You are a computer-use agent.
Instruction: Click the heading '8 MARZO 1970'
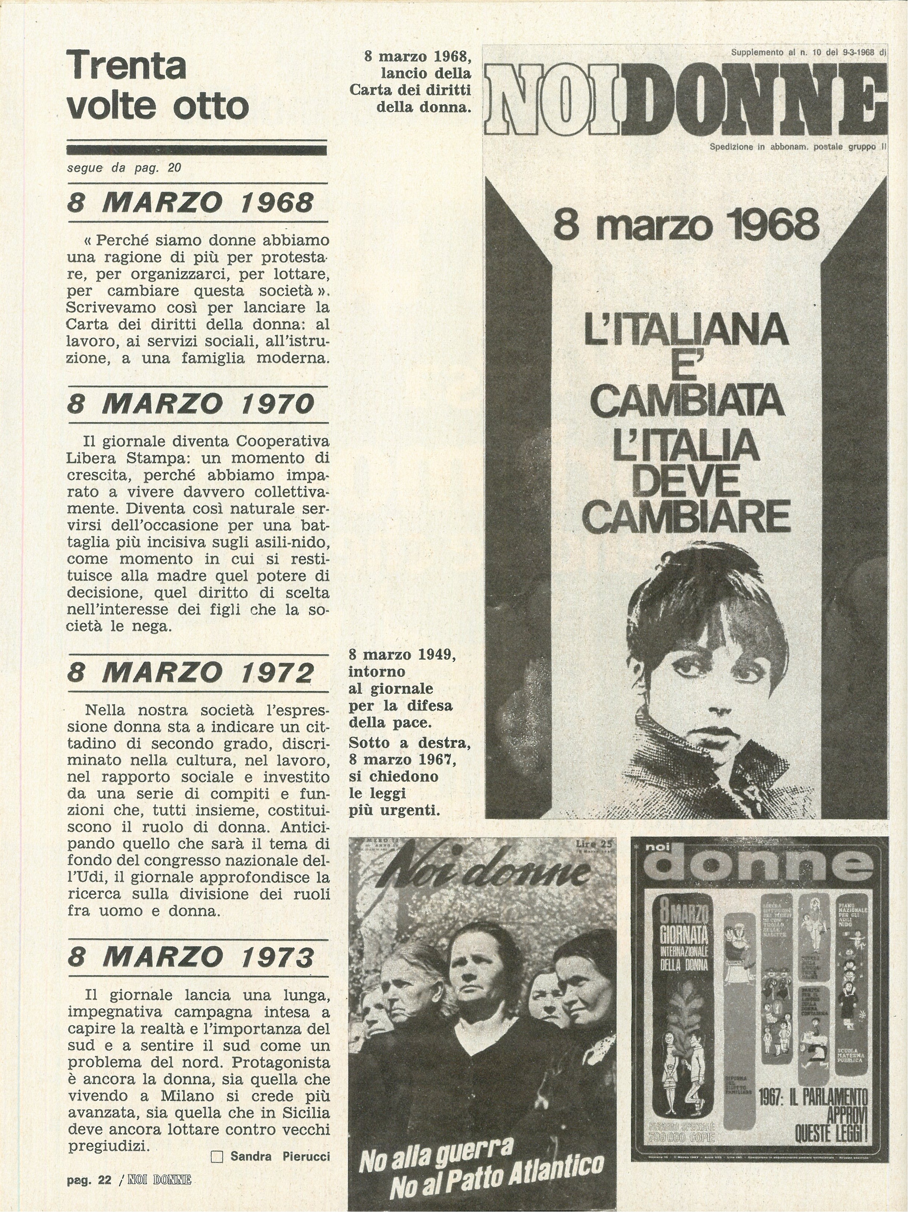(x=191, y=404)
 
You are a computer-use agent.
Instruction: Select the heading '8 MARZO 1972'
(x=191, y=673)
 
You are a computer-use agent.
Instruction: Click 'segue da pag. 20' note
(x=124, y=168)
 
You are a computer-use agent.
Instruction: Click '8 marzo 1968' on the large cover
(x=685, y=226)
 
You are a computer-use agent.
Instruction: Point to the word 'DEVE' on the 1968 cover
(x=685, y=483)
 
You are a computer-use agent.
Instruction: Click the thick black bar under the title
(x=197, y=150)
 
